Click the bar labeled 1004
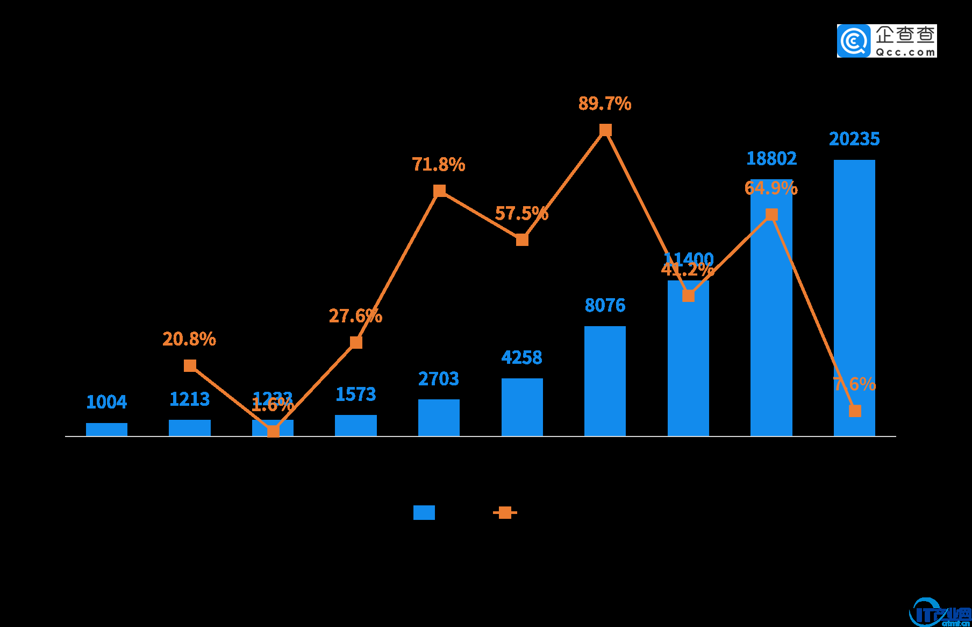[x=106, y=429]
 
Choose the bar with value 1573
[x=356, y=425]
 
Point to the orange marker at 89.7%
[x=605, y=130]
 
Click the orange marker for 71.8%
[x=439, y=191]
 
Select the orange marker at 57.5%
[x=522, y=239]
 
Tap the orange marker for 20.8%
[x=190, y=366]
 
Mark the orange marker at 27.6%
[x=356, y=342]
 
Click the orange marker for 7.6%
[x=855, y=411]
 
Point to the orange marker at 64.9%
[x=771, y=215]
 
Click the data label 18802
[x=771, y=159]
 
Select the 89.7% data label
[x=605, y=103]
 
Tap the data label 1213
[x=189, y=399]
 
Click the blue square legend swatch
[x=424, y=512]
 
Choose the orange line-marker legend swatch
[x=505, y=512]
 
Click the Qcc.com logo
[x=887, y=41]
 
